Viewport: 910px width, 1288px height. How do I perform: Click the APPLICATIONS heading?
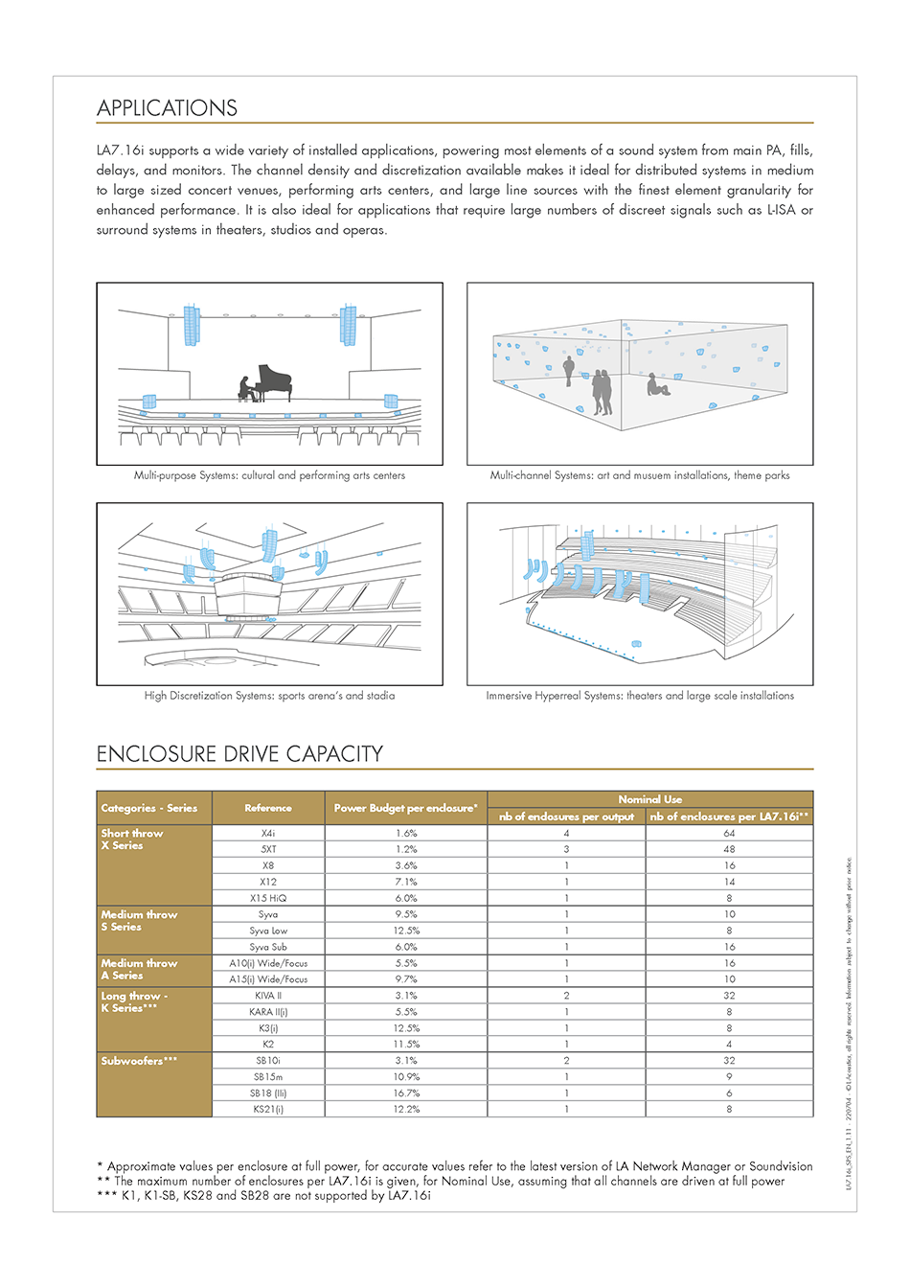tap(167, 108)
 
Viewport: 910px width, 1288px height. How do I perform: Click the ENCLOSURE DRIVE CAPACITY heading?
tap(239, 754)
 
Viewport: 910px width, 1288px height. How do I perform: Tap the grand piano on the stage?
tap(274, 380)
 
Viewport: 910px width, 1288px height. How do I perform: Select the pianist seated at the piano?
tap(246, 387)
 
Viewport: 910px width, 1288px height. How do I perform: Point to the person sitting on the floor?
tap(656, 385)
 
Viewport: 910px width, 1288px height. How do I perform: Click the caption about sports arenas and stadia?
tap(269, 696)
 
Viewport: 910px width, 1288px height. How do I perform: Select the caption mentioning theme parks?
tap(640, 475)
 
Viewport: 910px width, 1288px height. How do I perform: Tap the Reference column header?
tap(268, 808)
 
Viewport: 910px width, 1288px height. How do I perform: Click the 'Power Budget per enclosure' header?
tap(405, 808)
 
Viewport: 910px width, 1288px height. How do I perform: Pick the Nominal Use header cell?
tap(649, 799)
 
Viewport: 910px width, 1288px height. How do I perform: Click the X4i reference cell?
tap(268, 834)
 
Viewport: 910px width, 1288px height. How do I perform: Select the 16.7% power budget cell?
tap(406, 1092)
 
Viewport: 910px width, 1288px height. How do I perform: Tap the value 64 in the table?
tap(729, 834)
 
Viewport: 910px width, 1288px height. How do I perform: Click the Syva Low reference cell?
tap(268, 931)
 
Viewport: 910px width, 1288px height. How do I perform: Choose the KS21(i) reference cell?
tap(268, 1109)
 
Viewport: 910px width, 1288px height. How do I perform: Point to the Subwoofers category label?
tap(139, 1061)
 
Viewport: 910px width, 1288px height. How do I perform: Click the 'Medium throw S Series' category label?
tap(139, 921)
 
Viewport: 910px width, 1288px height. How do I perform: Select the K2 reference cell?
tap(268, 1044)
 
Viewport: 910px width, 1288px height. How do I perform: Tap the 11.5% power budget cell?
tap(406, 1044)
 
